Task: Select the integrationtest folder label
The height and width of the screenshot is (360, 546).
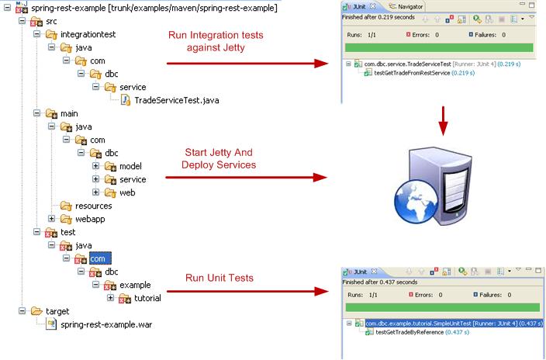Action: [95, 35]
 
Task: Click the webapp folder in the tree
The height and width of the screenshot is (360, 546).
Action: [90, 219]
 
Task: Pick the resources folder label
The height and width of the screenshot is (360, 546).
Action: [93, 206]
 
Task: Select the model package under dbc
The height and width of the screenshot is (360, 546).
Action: [130, 166]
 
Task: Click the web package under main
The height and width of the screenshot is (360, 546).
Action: [127, 192]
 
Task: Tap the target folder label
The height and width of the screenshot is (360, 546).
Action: [57, 311]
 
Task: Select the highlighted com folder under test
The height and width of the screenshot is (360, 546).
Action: [100, 258]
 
